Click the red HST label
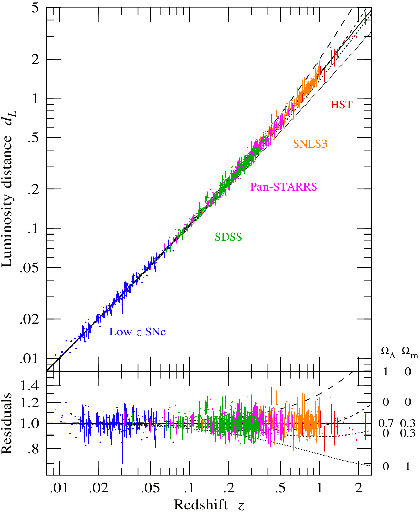click(x=341, y=105)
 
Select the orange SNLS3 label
click(x=310, y=144)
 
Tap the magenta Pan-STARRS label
click(x=283, y=187)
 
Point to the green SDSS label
click(x=228, y=237)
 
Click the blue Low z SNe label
click(x=137, y=332)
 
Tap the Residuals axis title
click(x=7, y=423)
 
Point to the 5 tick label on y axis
click(x=35, y=8)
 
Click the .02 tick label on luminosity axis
click(x=29, y=319)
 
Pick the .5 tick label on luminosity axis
click(x=33, y=138)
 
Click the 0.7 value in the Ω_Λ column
click(x=386, y=424)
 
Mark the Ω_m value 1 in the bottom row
click(x=408, y=466)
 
